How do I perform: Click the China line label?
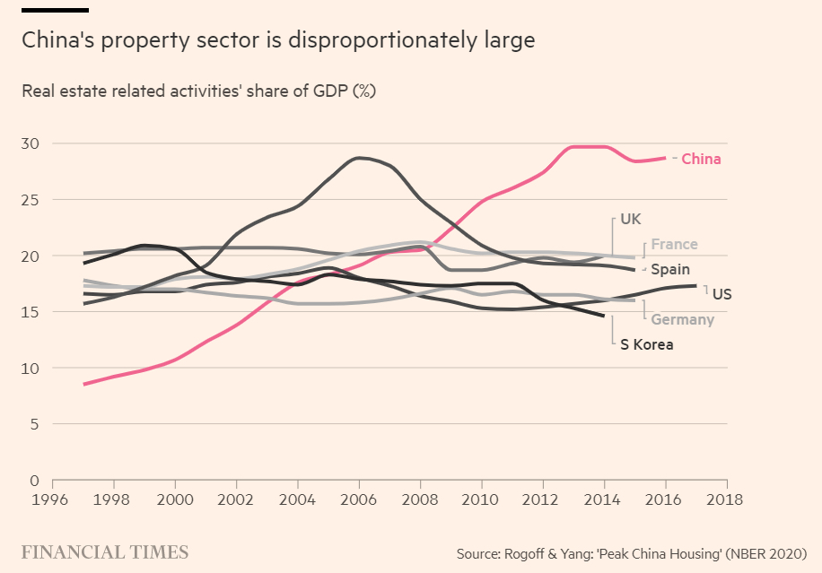click(701, 159)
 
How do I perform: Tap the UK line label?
click(631, 219)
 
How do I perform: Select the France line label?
click(674, 245)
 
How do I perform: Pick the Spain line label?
click(670, 269)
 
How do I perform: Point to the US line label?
click(722, 293)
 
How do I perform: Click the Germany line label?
click(682, 319)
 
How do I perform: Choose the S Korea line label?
click(646, 343)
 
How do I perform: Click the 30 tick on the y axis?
click(31, 143)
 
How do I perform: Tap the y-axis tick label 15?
click(31, 312)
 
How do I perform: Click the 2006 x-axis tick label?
click(359, 499)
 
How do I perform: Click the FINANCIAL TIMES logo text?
click(105, 551)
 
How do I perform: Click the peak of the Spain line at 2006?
click(360, 158)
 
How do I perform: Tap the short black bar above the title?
click(55, 10)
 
